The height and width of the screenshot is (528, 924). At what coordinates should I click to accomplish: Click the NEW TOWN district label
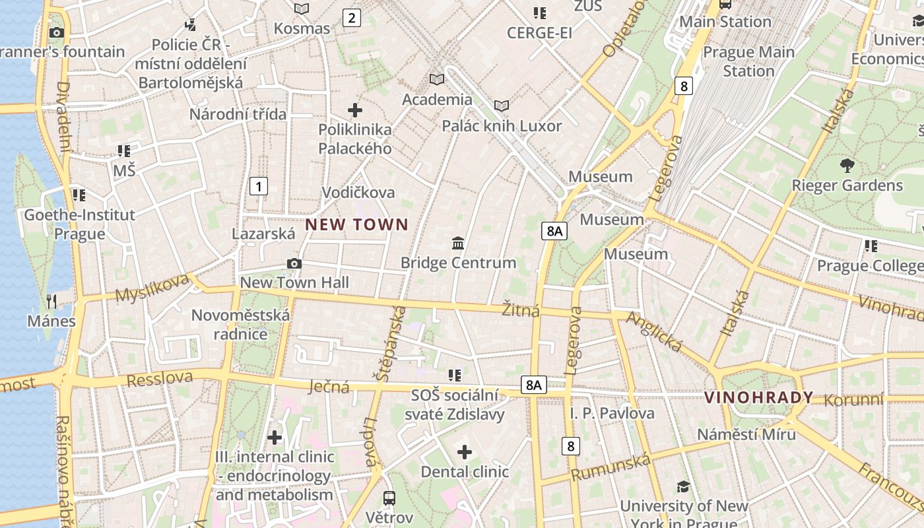pos(356,224)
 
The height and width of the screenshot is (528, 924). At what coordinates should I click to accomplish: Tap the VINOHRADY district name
pos(758,397)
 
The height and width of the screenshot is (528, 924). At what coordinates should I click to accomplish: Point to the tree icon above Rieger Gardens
pos(847,166)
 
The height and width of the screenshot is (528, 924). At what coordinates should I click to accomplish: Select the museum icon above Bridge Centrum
pos(458,244)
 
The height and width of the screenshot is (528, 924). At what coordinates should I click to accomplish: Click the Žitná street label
pos(521,310)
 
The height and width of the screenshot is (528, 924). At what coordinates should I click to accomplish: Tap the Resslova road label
pos(159,379)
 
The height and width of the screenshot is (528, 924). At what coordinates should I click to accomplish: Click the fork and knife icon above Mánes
pos(51,302)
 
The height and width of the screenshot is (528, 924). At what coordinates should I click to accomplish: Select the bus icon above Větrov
pos(389,498)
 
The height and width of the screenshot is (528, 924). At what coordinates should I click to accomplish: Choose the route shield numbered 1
pos(259,186)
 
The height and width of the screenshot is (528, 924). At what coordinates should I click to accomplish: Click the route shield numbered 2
pos(351,18)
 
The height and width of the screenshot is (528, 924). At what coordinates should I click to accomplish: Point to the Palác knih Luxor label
pos(502,125)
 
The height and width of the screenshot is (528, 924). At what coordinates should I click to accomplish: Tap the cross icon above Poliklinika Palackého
pos(355,110)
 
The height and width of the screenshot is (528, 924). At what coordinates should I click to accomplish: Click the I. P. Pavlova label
pos(612,414)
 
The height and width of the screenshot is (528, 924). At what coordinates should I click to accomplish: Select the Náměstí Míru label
pos(746,434)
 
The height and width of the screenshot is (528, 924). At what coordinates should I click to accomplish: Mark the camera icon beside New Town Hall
pos(294,264)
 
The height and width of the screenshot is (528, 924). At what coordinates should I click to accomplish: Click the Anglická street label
pos(653,331)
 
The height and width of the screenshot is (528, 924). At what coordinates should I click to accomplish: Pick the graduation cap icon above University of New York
pos(683,487)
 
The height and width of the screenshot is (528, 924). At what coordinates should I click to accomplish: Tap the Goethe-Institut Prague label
pos(79,224)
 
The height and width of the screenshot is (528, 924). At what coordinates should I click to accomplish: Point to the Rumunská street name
pos(610,467)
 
